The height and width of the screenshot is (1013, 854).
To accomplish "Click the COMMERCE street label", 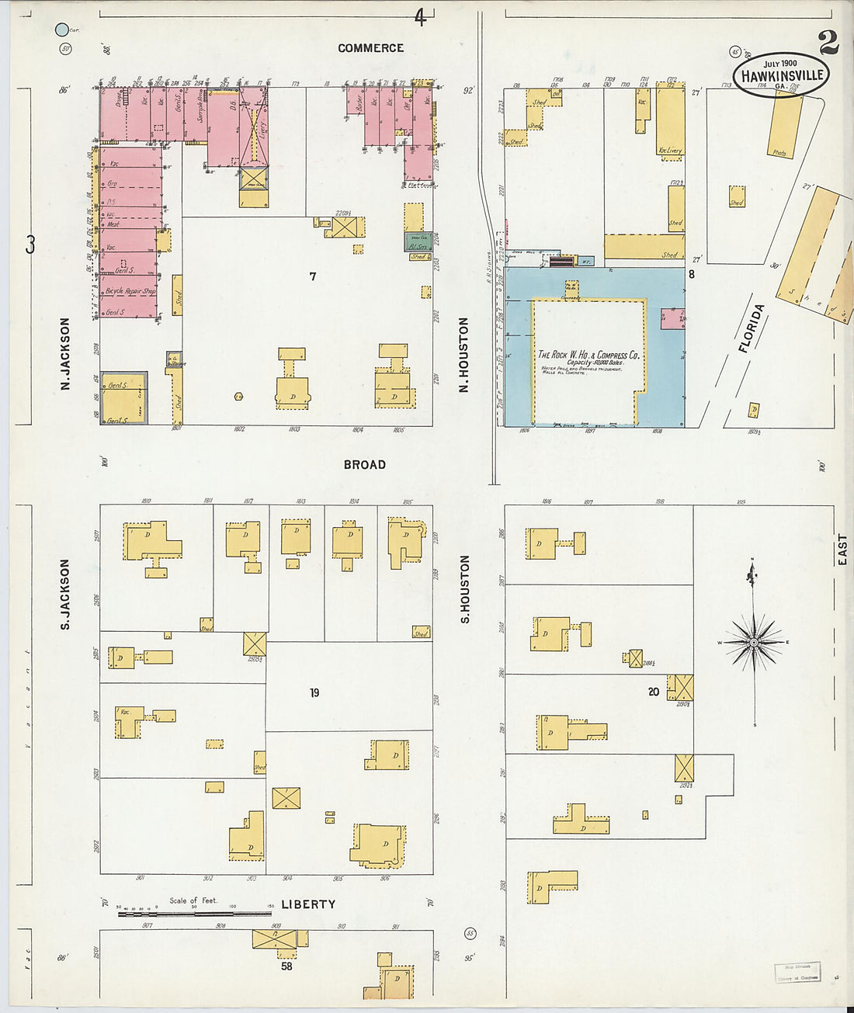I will coord(370,48).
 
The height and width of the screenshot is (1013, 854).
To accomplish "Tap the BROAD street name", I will coord(364,465).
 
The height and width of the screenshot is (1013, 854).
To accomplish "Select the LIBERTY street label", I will coord(308,904).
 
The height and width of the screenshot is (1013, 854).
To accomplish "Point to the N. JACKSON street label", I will coord(65,353).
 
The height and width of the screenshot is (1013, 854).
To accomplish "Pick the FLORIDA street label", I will coord(752,328).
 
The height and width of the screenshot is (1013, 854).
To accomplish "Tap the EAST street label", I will coord(842,549).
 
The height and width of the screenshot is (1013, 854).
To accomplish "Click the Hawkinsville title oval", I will coord(781,75).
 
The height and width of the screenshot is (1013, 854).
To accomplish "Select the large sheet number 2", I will coord(828,42).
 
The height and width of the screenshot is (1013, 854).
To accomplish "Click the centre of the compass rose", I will coord(753,642).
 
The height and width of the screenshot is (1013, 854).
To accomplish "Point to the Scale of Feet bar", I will coord(194,914).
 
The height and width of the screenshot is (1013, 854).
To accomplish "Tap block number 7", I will coord(313,276).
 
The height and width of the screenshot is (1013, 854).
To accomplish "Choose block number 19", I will coord(314,692).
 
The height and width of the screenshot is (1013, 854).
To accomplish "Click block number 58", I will coord(286,966).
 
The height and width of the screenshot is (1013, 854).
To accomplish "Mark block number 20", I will coord(653,692).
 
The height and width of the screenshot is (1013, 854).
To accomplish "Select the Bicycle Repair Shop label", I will coord(130,291).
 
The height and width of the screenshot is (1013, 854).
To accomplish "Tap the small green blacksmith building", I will coord(418,242).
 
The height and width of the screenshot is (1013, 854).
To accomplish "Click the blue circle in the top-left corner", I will coord(62,30).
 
